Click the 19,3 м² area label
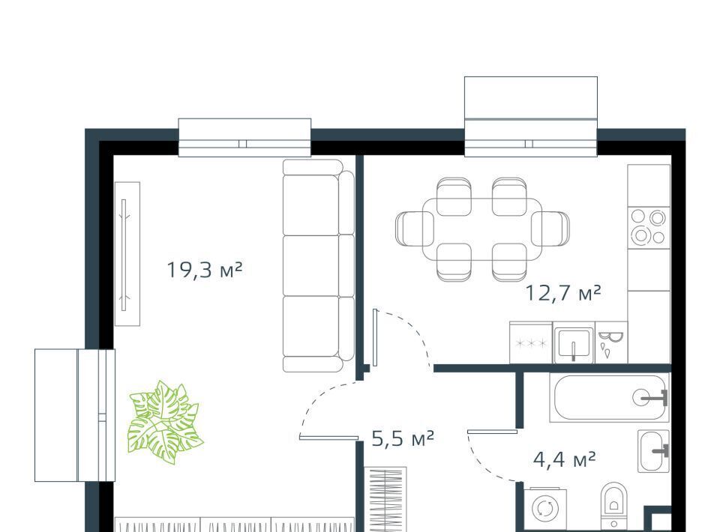[x=204, y=270]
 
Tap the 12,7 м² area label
[x=562, y=292]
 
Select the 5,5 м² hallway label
[x=402, y=438]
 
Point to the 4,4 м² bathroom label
[x=564, y=459]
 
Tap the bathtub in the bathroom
[x=609, y=397]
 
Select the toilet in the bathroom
[x=614, y=507]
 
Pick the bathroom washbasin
[x=653, y=451]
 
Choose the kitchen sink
[x=574, y=342]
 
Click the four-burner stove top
[x=648, y=226]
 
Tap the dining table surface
[x=482, y=229]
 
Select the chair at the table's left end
[x=414, y=229]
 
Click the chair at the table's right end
[x=550, y=229]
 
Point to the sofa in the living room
[x=318, y=265]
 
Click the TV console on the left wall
[x=127, y=253]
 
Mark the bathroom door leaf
[x=493, y=432]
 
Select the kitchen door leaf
[x=375, y=337]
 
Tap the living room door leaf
[x=328, y=438]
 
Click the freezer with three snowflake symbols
[x=531, y=342]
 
